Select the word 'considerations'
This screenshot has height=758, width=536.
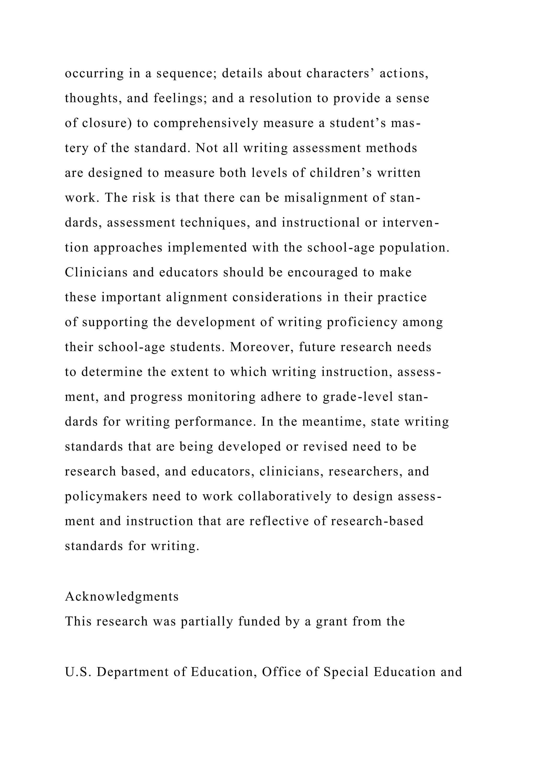[277, 297]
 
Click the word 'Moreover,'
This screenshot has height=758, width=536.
[262, 347]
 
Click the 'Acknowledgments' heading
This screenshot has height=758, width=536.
[122, 597]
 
